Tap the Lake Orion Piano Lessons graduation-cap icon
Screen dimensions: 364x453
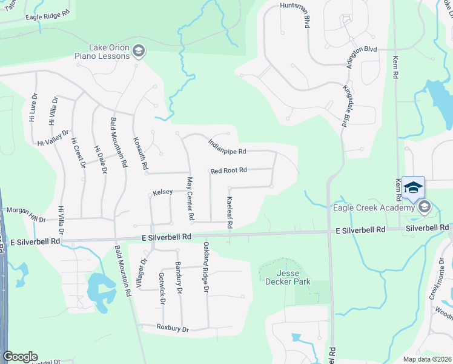tap(139, 50)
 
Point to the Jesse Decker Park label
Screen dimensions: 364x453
tap(288, 277)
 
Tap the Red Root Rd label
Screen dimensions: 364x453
tap(229, 170)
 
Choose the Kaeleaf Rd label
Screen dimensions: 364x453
tap(230, 212)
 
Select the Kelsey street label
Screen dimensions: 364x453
tap(163, 192)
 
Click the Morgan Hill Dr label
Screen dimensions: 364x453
tap(25, 215)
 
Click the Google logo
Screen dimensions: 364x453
tap(20, 357)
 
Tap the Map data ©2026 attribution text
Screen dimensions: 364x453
tap(427, 359)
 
